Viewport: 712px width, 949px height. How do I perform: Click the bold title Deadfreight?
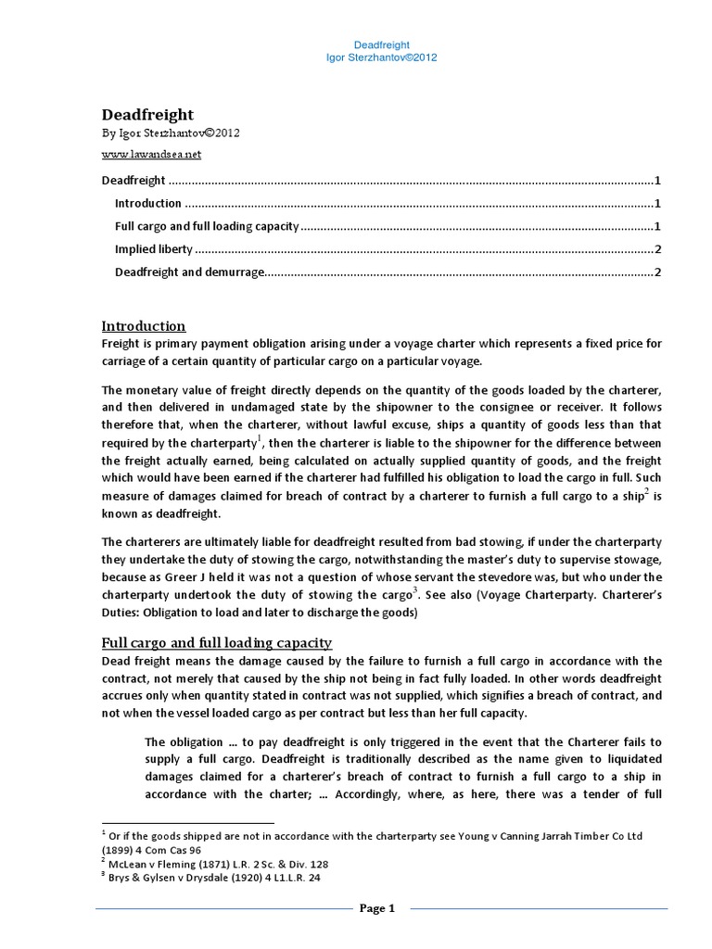tap(146, 115)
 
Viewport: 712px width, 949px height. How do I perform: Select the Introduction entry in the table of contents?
tap(148, 203)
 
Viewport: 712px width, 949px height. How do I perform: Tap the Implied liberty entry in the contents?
tap(154, 249)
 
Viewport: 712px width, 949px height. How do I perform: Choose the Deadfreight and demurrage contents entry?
tap(190, 272)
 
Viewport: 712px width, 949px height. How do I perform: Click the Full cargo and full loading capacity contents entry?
tap(207, 226)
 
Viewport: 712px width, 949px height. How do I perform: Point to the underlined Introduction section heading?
tap(143, 326)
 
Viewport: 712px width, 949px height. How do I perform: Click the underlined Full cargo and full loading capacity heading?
tap(216, 642)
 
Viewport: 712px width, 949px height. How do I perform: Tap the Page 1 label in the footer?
tap(377, 908)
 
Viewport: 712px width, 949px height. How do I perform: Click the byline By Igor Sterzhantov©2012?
tap(171, 133)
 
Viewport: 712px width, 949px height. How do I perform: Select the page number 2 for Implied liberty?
tap(657, 249)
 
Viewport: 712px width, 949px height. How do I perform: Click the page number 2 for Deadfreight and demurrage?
tap(657, 272)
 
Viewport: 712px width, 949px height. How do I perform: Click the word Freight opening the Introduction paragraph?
tap(119, 343)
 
